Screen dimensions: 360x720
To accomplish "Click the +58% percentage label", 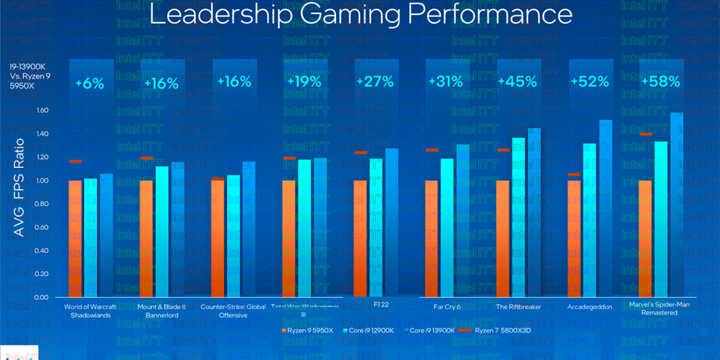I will click(661, 81).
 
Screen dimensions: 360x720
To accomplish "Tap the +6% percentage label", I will click(90, 83).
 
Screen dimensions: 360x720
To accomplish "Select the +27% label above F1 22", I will click(375, 81).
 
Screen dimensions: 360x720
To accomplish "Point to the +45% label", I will click(517, 81).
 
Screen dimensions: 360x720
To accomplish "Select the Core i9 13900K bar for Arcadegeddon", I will click(605, 208).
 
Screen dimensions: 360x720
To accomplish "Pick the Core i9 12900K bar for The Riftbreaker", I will click(519, 217).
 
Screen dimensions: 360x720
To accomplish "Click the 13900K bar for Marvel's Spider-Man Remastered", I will click(676, 205).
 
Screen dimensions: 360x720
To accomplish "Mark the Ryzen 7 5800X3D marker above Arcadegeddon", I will click(574, 174).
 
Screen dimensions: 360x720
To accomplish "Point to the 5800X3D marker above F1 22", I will click(361, 152).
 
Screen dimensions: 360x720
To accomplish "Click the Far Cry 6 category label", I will click(447, 307).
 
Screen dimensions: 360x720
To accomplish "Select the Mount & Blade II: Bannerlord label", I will click(161, 311).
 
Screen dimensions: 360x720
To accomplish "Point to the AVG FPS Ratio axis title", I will click(19, 188).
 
